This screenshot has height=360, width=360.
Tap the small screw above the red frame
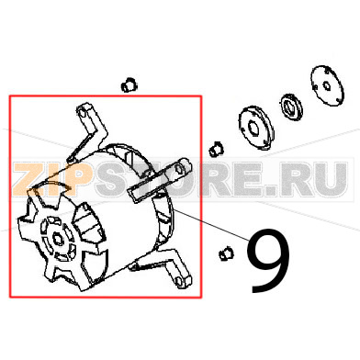point(128,85)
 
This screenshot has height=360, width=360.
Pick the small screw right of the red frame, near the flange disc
point(214,146)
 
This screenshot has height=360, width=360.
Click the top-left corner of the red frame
point(10,95)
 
